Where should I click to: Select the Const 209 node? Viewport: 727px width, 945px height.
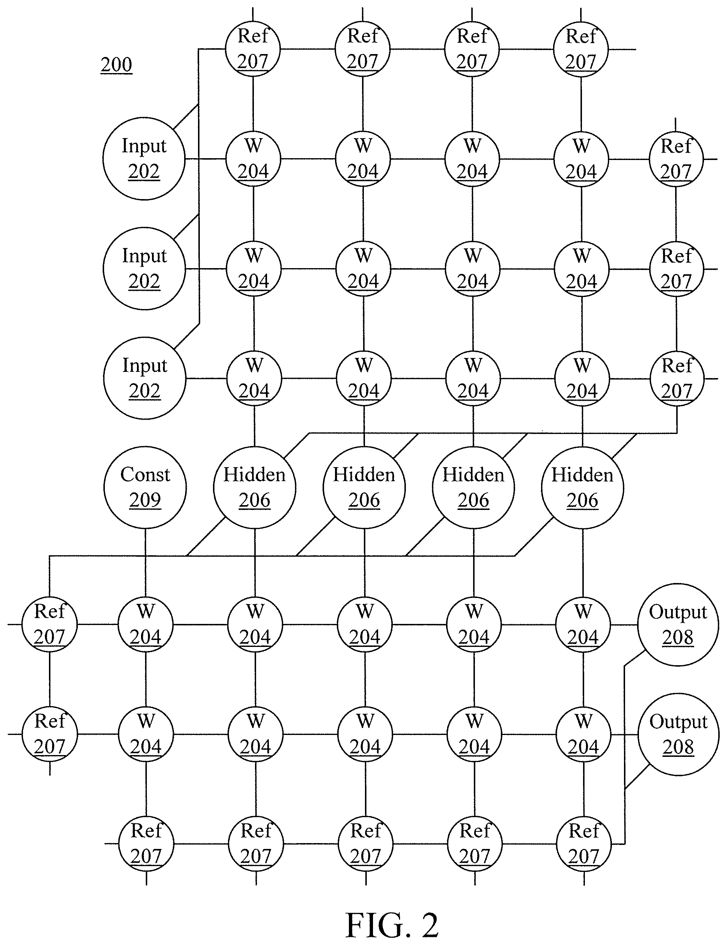click(145, 487)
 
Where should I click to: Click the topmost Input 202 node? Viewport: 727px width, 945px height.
click(144, 159)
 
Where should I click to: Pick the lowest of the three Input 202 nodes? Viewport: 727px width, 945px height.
click(145, 378)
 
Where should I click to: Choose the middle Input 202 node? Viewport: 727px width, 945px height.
click(144, 268)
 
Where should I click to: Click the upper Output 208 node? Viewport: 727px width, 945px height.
click(678, 625)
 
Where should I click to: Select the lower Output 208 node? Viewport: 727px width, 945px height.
click(678, 734)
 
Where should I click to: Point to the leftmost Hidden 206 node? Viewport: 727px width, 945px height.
click(254, 487)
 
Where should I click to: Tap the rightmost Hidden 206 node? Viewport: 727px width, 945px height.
click(582, 488)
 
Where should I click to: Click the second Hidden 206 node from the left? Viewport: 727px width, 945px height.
click(364, 488)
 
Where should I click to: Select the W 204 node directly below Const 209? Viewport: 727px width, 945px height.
click(145, 624)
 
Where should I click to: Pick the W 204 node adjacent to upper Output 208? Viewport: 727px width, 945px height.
click(583, 625)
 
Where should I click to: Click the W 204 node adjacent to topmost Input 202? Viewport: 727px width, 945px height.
click(253, 159)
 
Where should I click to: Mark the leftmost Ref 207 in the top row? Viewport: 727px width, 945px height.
click(253, 49)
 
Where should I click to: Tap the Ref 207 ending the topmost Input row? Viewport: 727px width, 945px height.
click(676, 159)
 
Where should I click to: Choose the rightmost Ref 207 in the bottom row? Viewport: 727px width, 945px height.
click(584, 844)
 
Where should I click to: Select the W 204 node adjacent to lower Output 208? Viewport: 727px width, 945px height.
click(583, 734)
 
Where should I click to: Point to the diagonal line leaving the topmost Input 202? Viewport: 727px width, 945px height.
click(186, 117)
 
